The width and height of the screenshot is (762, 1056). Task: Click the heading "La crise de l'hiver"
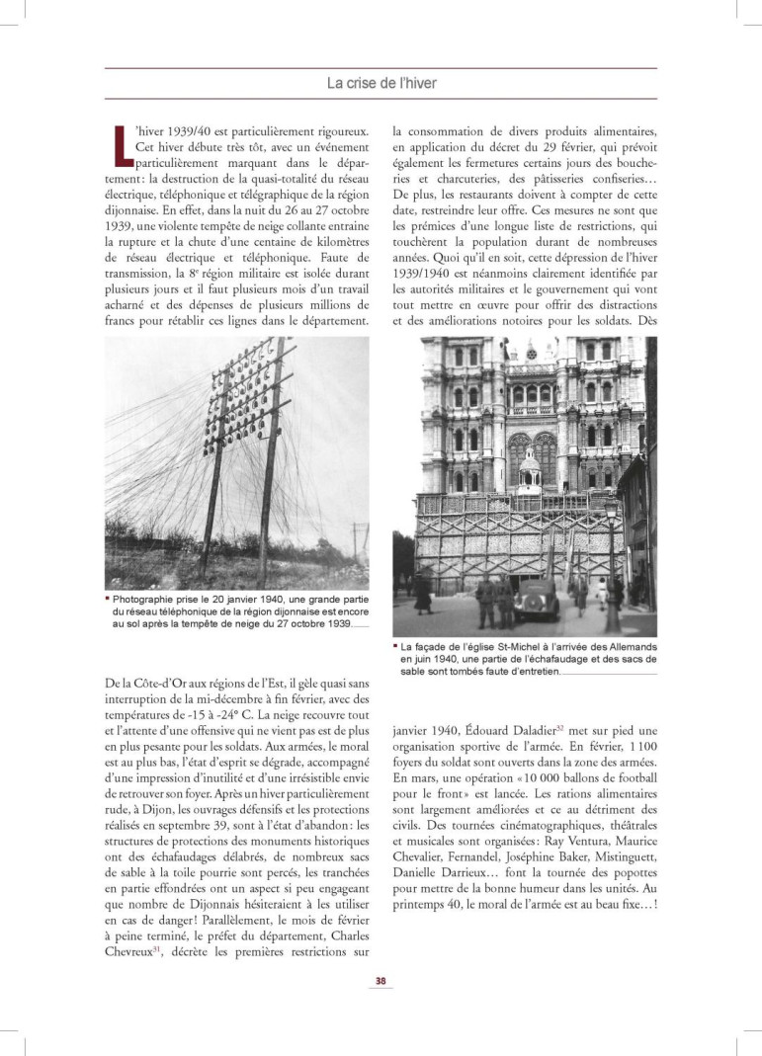(x=381, y=83)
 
